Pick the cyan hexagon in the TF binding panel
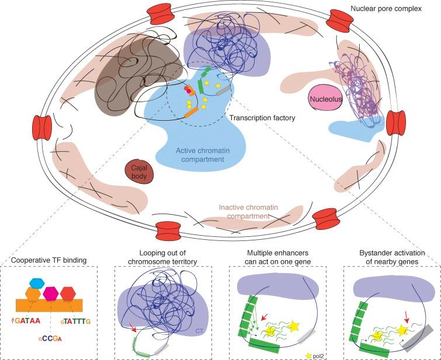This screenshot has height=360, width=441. click(36, 282)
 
